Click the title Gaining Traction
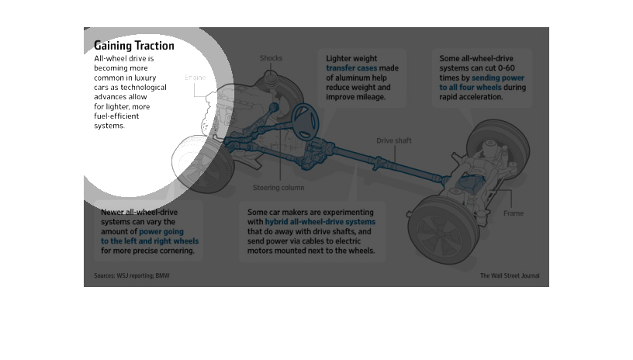(x=134, y=46)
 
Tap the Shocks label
(x=271, y=58)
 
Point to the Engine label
(x=195, y=78)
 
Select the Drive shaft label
(x=393, y=140)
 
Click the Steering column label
(x=278, y=188)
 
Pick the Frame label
(x=513, y=213)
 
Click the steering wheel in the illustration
(x=305, y=122)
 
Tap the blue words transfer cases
(x=351, y=68)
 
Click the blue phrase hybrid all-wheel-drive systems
(x=320, y=222)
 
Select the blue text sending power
(x=498, y=78)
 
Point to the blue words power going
(x=161, y=232)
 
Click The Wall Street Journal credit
(x=510, y=275)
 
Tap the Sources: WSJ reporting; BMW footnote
(x=132, y=275)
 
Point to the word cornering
(x=176, y=251)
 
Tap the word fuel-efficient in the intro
(x=116, y=116)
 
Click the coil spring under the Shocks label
(x=271, y=78)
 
